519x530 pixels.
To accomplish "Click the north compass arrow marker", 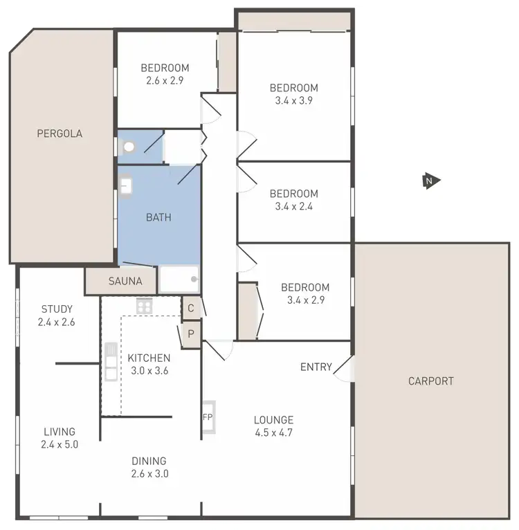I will (x=430, y=181).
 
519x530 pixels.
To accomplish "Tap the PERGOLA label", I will (x=60, y=134).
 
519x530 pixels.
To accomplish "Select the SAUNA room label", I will (x=125, y=281).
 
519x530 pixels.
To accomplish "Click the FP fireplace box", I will (x=208, y=417).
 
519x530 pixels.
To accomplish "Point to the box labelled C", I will (x=191, y=308).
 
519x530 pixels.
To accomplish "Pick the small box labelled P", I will (x=191, y=333).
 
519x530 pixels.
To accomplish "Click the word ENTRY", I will (x=316, y=367).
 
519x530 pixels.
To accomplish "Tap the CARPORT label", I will (x=430, y=381).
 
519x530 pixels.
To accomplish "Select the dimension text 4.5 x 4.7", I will (x=273, y=433).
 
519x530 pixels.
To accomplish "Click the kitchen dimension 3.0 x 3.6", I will (x=148, y=370).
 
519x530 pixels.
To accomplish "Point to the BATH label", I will (x=158, y=217).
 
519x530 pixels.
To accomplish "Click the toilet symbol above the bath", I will (x=129, y=147).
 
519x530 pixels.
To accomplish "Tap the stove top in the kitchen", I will (x=144, y=305).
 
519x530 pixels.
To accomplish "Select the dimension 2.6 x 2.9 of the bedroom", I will (x=165, y=80).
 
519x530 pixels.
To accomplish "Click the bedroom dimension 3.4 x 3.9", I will (x=294, y=100).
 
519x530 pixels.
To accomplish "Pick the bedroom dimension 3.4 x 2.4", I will (x=294, y=206).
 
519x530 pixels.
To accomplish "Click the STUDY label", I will (x=57, y=309).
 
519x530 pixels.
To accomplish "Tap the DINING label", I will (x=149, y=461).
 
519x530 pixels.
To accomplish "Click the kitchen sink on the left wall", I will (x=111, y=361).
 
